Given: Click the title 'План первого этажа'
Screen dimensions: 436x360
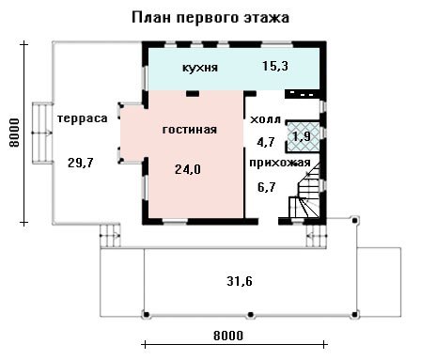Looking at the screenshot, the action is [x=210, y=18].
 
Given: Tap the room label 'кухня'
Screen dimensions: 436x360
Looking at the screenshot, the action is [x=200, y=68].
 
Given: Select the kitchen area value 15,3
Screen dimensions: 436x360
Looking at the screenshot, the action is [x=275, y=66].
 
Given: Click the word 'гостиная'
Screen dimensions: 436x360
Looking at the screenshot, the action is [x=190, y=130].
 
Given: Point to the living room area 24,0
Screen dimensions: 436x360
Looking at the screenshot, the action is [x=188, y=169].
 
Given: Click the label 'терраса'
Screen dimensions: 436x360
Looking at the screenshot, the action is [x=83, y=118].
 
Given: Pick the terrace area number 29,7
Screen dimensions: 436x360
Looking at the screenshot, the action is [x=81, y=163].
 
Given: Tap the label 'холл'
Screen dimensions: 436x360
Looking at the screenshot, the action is [x=265, y=119].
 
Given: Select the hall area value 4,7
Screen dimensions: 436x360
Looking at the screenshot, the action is [x=266, y=142].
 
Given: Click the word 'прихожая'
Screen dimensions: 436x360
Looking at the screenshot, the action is [x=280, y=163].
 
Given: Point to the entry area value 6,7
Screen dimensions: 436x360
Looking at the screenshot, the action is [x=266, y=187].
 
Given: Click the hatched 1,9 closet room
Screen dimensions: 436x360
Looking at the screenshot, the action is [x=304, y=137].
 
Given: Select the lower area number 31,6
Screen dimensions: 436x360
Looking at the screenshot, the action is [x=240, y=281].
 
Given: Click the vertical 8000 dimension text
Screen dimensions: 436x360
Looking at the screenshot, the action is [x=14, y=133].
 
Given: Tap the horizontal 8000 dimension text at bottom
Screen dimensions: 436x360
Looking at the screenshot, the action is [x=228, y=336].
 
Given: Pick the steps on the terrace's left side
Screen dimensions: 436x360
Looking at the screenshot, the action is [x=42, y=133].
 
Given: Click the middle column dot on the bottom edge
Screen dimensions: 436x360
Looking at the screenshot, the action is [x=250, y=314].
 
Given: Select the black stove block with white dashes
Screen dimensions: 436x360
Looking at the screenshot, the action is [x=302, y=94].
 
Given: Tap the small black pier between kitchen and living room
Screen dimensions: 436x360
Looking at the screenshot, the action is [x=193, y=93].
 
